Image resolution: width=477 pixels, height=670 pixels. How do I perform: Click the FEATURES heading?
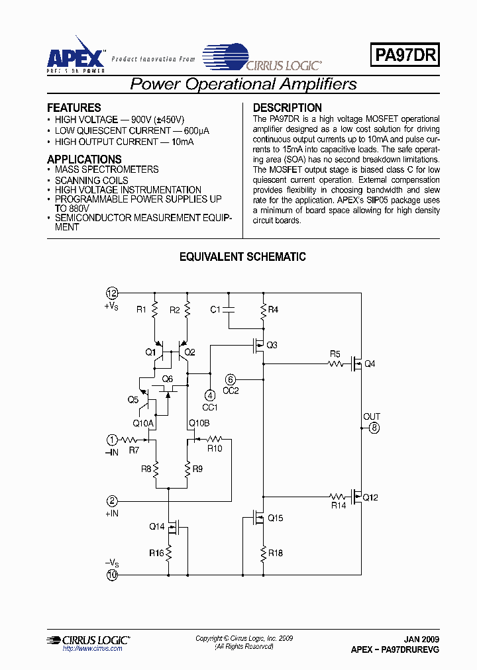tap(74, 107)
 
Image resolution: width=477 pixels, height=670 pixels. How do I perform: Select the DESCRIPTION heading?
tap(288, 107)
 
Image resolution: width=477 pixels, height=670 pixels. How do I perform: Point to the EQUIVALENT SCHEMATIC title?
tap(242, 257)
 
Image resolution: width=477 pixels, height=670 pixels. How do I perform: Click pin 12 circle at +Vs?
tap(113, 293)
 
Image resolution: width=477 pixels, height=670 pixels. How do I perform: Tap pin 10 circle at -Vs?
tap(113, 575)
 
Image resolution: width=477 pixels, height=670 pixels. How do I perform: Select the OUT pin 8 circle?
tap(374, 428)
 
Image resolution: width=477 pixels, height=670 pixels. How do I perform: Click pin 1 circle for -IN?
tap(113, 439)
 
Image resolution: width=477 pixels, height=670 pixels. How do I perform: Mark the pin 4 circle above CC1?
tap(210, 395)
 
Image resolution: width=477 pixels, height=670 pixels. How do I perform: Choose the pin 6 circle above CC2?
tap(230, 379)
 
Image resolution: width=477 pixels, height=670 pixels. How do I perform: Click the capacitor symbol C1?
tap(229, 309)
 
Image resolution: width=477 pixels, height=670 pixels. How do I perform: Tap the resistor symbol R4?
tap(264, 309)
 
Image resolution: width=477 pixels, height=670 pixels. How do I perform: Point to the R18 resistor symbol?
tap(264, 552)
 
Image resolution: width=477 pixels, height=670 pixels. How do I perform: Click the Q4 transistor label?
tap(370, 363)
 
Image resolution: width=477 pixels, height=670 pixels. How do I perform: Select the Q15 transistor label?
tap(275, 518)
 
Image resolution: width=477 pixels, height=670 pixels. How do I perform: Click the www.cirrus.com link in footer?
tap(92, 649)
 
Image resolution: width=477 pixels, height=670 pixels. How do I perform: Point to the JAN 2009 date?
tap(421, 640)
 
